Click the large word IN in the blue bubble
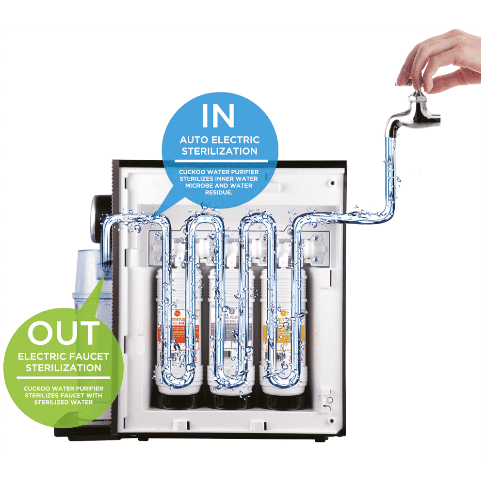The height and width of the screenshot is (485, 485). pyautogui.click(x=218, y=115)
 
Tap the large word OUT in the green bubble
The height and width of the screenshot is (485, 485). pyautogui.click(x=63, y=333)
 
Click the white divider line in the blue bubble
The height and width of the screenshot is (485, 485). pyautogui.click(x=219, y=161)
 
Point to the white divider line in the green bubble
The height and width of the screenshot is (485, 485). pyautogui.click(x=63, y=378)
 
